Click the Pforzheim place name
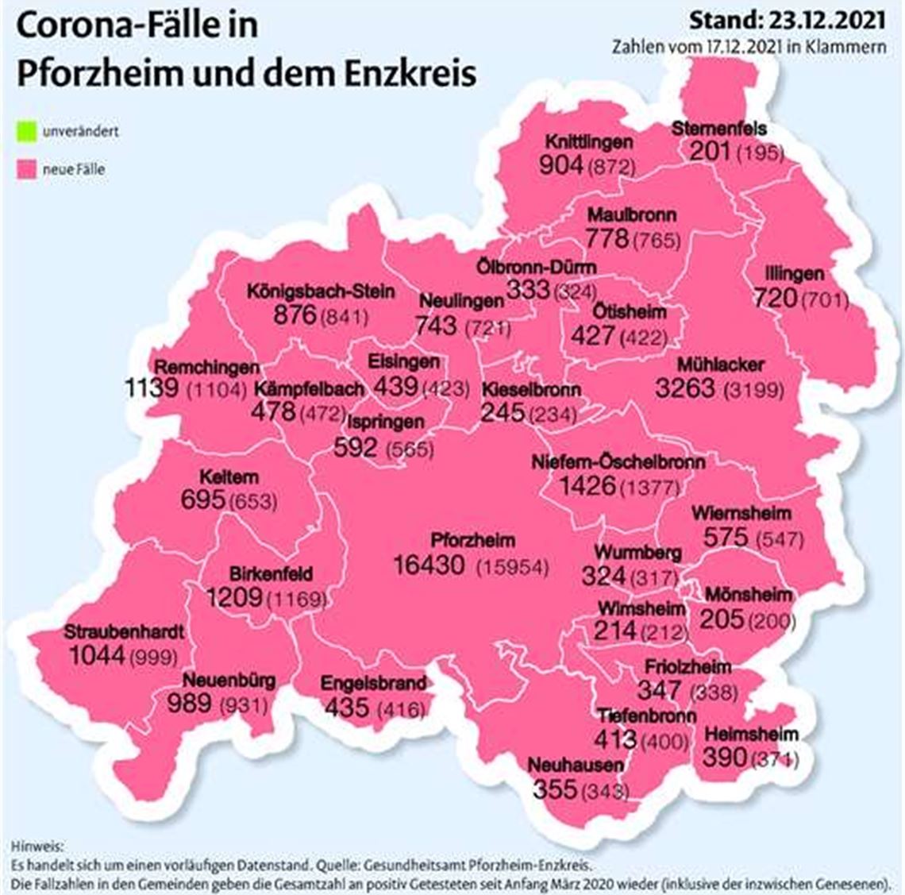pyautogui.click(x=472, y=541)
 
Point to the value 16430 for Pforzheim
pyautogui.click(x=429, y=565)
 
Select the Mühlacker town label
pyautogui.click(x=720, y=365)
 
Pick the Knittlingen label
pyautogui.click(x=588, y=142)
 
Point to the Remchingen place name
pyautogui.click(x=206, y=368)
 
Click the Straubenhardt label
pyautogui.click(x=124, y=633)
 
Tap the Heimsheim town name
pyautogui.click(x=750, y=735)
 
